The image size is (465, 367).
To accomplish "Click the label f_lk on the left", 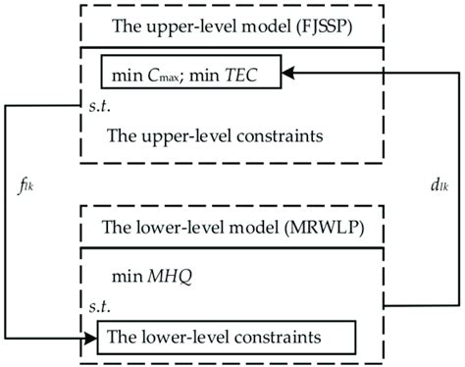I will (x=37, y=183).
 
